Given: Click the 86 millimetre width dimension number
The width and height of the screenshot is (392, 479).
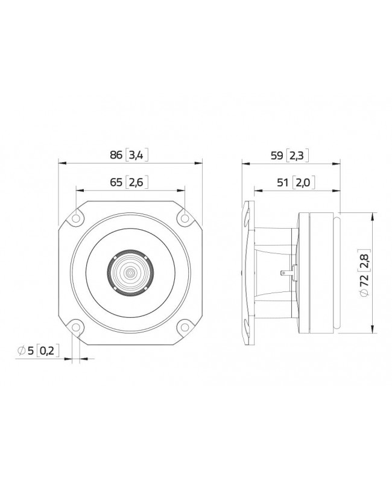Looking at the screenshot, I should tap(116, 155).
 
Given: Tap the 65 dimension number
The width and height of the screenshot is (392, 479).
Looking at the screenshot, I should tap(117, 182).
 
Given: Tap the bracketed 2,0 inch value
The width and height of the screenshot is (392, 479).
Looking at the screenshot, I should tap(302, 182).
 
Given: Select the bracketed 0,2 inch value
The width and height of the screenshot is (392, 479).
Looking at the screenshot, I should tap(49, 350).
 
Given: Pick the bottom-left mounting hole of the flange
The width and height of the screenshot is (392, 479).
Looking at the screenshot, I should tap(75, 328).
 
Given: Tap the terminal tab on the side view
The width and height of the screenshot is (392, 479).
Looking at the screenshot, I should tap(286, 273).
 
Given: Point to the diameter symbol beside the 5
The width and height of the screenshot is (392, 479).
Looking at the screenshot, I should tap(21, 350).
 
